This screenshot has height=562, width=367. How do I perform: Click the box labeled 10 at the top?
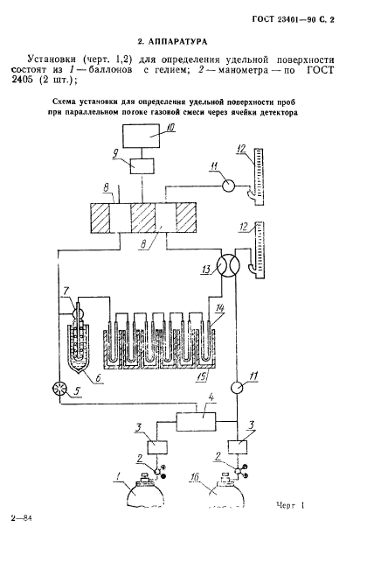click(x=142, y=136)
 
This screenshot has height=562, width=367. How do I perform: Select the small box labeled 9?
click(x=142, y=166)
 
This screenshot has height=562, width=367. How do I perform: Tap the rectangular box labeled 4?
click(x=197, y=421)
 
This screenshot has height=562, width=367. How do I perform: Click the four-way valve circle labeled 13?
click(x=229, y=265)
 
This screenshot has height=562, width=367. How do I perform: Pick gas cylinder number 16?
click(x=226, y=494)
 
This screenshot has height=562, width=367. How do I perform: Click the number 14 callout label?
click(x=220, y=307)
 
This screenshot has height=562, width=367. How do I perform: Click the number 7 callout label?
click(x=66, y=290)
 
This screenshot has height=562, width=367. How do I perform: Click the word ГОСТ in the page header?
click(x=263, y=20)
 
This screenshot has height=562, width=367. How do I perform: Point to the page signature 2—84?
click(x=22, y=518)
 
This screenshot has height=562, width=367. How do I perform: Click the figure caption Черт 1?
click(x=290, y=506)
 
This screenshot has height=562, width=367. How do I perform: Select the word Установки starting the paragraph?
click(x=52, y=59)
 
